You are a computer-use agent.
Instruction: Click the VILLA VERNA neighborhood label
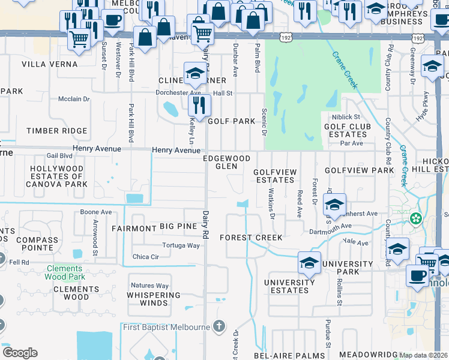49,64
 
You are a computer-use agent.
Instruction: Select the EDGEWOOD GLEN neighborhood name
226,162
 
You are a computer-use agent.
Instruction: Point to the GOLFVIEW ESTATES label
274,176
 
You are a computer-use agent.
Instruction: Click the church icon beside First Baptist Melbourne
219,326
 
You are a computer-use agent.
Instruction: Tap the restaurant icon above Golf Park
199,106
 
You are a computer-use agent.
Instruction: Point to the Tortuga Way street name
181,245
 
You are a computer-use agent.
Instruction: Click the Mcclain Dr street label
74,99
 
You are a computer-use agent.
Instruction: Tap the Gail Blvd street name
59,155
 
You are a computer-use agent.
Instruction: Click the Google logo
20,353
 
